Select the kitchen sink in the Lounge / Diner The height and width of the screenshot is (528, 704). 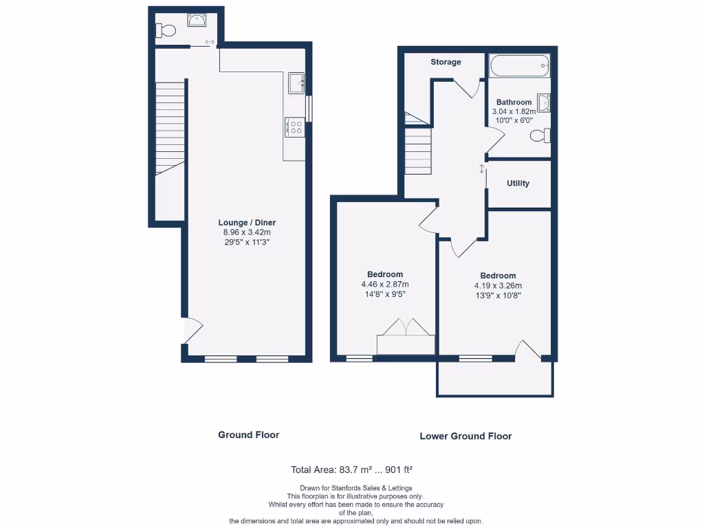(x=297, y=83)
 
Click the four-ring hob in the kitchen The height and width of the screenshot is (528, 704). (x=295, y=126)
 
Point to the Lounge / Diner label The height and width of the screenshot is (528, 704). (x=247, y=223)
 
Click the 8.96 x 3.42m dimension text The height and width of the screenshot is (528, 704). (x=247, y=232)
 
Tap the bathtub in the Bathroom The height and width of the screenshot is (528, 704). (x=518, y=67)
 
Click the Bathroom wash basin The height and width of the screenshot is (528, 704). (x=544, y=103)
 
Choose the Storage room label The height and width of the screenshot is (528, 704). (x=445, y=63)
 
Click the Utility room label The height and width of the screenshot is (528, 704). (x=518, y=184)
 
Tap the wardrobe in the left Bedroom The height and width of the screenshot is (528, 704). (x=406, y=338)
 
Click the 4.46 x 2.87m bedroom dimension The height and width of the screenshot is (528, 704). (x=385, y=285)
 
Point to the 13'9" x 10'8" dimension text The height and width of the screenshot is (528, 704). (x=498, y=296)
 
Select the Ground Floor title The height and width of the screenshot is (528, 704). (x=248, y=434)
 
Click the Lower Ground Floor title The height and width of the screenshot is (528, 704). (x=465, y=436)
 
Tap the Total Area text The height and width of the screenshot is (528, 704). (x=351, y=470)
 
